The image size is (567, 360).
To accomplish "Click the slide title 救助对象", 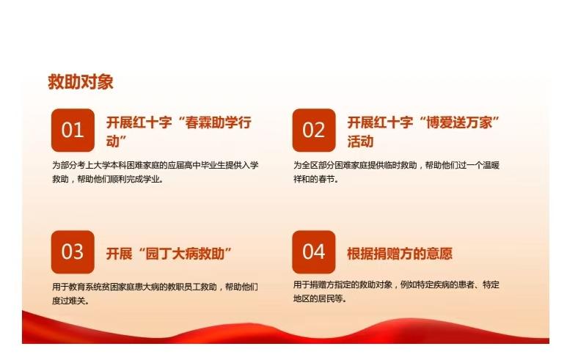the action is [81, 81].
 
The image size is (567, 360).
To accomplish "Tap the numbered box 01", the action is [73, 130].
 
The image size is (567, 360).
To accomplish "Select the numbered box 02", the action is [314, 130].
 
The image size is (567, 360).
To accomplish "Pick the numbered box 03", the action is [73, 252].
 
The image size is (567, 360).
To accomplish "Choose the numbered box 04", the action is [314, 252].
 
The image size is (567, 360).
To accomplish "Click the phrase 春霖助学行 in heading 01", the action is [218, 122].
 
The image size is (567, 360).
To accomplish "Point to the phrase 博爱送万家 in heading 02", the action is [459, 122].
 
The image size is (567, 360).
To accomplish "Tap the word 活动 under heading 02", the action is [360, 142].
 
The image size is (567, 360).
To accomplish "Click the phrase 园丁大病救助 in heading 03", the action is [185, 254].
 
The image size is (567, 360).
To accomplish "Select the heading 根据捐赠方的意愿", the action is [400, 254].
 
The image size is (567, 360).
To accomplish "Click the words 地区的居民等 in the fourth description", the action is [318, 298].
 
